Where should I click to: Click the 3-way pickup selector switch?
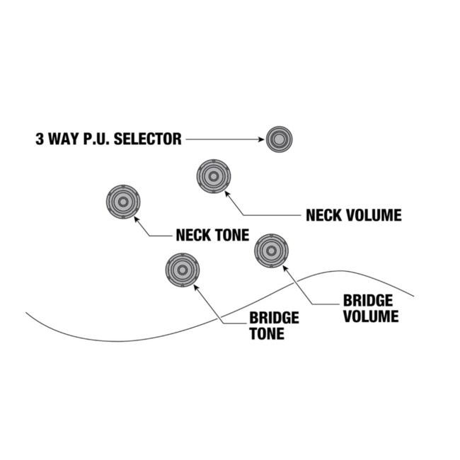[279, 139]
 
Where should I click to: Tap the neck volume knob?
[213, 176]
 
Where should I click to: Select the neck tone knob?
[123, 202]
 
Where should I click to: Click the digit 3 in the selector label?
[40, 139]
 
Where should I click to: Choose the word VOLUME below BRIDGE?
[371, 316]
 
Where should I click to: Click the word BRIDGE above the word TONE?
[274, 318]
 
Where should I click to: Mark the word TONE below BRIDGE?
[267, 333]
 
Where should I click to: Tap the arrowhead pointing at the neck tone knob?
[137, 221]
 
